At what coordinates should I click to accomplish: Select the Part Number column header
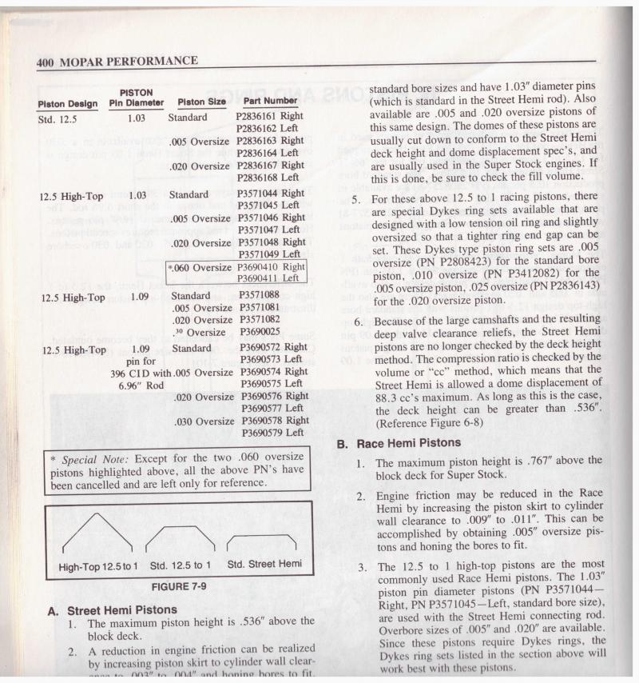point(271,102)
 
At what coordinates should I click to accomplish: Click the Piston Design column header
point(68,104)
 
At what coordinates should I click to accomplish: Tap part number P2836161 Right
point(270,117)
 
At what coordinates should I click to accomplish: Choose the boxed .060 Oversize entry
point(199,267)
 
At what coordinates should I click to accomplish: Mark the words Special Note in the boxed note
point(90,458)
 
